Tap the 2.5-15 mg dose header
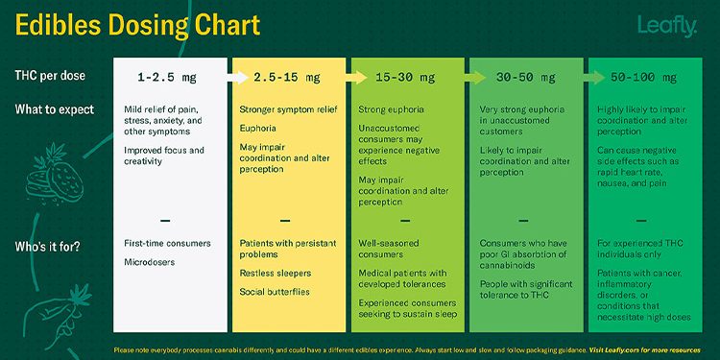(288, 76)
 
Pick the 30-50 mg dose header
(524, 76)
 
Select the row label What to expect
(54, 109)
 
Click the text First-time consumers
(167, 244)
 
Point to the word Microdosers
(148, 261)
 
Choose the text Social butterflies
(275, 292)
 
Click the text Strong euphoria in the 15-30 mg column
(392, 109)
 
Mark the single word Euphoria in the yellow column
(259, 128)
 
